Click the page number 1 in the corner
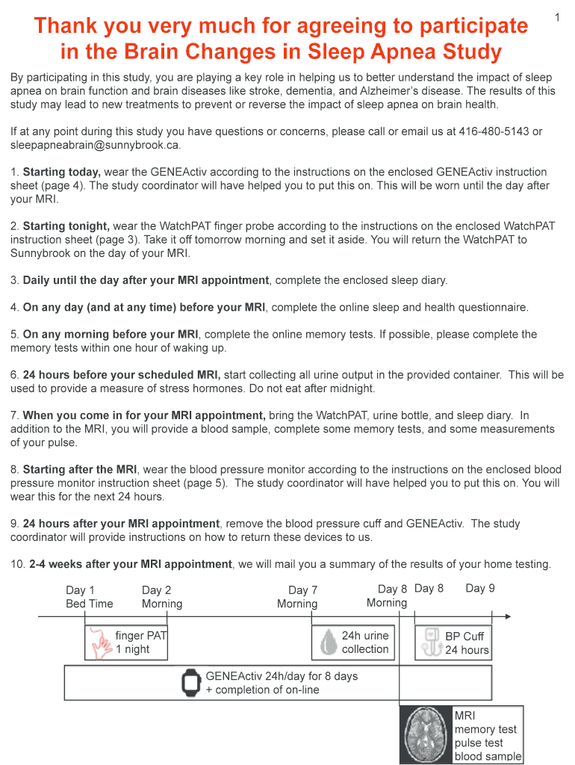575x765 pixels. coord(557,16)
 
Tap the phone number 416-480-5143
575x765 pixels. coord(494,131)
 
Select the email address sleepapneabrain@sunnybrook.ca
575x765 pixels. coord(95,145)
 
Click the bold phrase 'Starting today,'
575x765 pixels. coord(62,172)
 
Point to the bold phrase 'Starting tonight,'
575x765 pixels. coord(66,226)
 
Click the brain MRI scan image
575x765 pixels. coord(427,734)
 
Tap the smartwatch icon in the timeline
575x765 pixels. coord(192,683)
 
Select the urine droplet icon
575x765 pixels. coord(328,642)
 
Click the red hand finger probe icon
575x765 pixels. coord(100,642)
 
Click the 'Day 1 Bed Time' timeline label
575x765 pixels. coord(89,596)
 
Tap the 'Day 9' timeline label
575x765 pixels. coord(480,589)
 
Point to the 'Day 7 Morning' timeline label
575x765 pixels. coord(298,597)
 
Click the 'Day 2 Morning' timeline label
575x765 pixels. coord(162,596)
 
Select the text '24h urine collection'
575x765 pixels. coord(365,642)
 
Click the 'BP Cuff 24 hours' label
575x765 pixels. coord(467,643)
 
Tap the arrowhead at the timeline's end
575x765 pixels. coord(508,616)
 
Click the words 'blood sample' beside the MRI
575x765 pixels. coord(488,756)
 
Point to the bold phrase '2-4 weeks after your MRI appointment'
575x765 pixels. coord(131,564)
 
